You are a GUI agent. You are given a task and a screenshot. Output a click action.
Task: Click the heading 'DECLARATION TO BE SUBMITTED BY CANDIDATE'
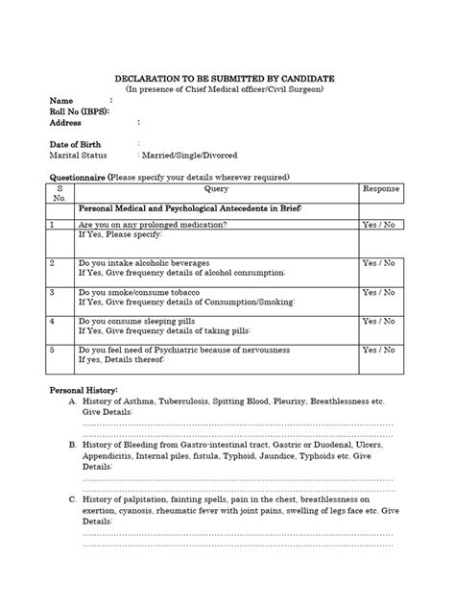[227, 77]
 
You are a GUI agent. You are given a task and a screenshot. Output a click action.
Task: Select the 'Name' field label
[61, 100]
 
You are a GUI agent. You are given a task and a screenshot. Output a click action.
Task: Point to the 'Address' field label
[66, 122]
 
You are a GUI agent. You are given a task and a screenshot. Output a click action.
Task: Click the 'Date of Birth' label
[75, 143]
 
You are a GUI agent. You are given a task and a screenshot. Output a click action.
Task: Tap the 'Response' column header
[380, 189]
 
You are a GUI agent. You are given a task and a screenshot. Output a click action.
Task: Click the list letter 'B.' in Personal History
[73, 445]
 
